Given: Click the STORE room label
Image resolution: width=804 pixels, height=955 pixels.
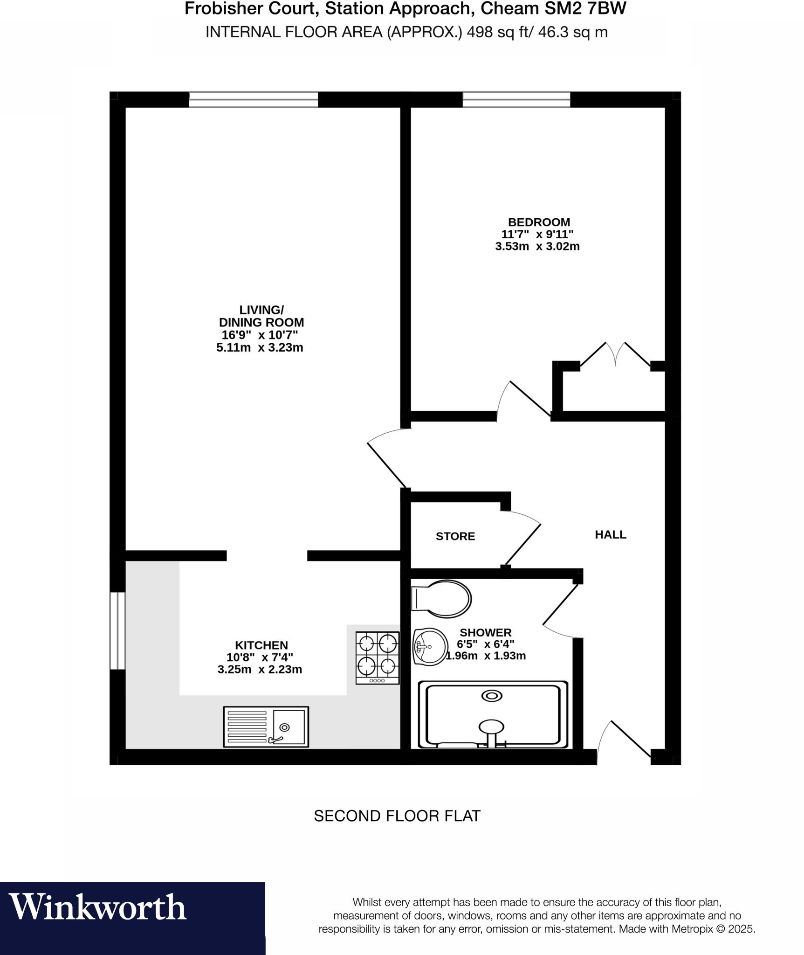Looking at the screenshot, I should coord(455,536).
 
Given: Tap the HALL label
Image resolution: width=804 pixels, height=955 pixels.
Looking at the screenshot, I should coord(610,534).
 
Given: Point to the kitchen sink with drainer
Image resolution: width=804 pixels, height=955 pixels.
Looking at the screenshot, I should coord(266,727).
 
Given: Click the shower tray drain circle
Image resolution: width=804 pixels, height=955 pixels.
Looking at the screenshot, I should coord(491,696).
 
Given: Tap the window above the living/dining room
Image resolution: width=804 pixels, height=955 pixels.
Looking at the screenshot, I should coord(254,99).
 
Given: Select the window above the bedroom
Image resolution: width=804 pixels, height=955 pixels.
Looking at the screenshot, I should coord(516,99).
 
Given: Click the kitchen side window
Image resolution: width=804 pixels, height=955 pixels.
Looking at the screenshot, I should coord(117,630).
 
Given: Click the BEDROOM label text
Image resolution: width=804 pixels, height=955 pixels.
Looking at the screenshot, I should coord(539,222).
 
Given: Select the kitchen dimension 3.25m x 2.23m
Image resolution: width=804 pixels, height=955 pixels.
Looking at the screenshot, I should coord(260,670).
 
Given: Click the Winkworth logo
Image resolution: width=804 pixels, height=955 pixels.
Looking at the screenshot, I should coord(98,907).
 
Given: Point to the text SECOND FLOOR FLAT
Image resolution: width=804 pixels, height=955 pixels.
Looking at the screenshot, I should coord(397,816).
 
